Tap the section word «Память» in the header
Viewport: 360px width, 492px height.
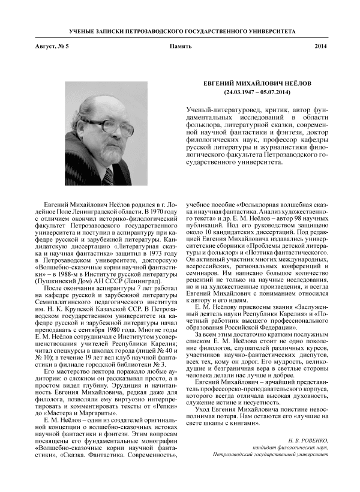(180, 47)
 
